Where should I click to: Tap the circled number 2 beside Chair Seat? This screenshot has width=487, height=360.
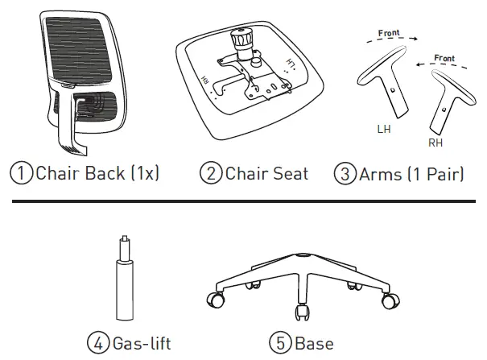pos(210,173)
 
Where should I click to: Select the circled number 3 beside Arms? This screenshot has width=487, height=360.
pos(344,173)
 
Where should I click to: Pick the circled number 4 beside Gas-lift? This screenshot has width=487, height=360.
pos(98,343)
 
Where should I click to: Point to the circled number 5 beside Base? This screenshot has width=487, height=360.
pos(280,343)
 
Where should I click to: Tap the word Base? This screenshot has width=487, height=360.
pos(314,343)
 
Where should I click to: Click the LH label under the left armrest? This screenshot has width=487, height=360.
pos(383,129)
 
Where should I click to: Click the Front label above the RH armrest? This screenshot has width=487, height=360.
pos(444,59)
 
